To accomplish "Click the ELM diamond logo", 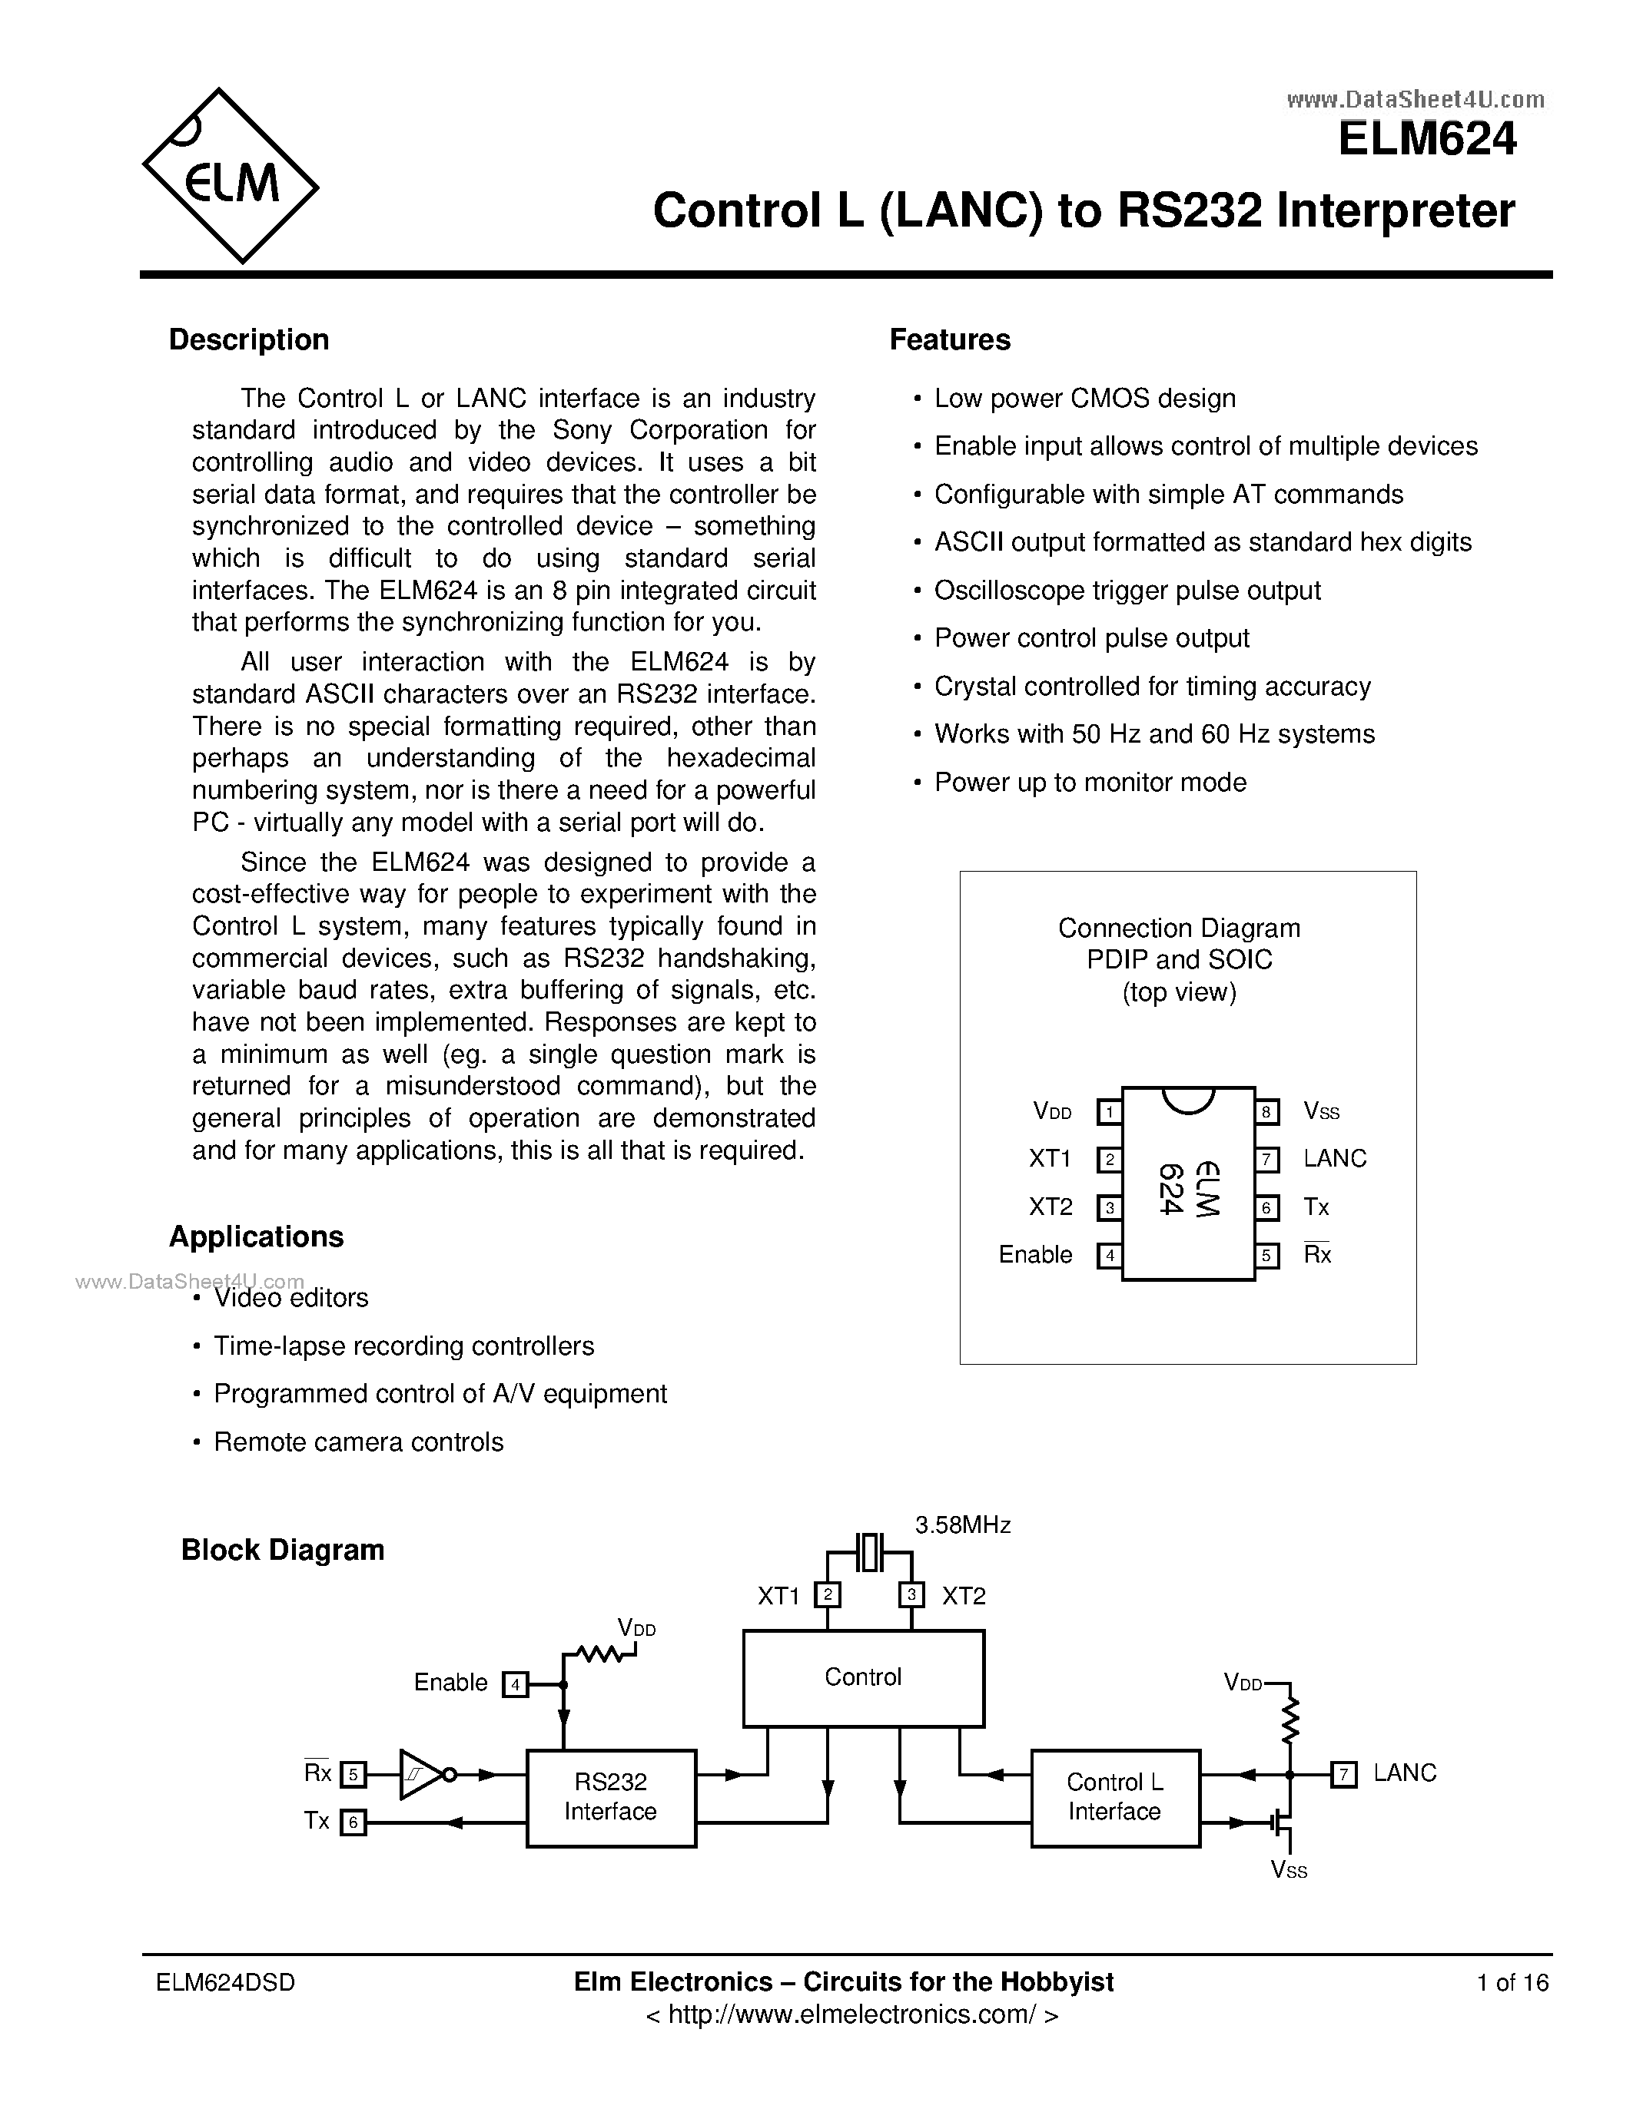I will click(x=231, y=176).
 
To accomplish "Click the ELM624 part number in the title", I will click(x=1426, y=139).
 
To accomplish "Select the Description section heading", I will click(x=249, y=339).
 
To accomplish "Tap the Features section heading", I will click(x=949, y=339).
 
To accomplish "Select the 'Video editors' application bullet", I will click(x=290, y=1298).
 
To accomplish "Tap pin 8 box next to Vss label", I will click(x=1266, y=1112).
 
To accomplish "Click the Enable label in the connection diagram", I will click(x=1035, y=1254).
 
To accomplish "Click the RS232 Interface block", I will click(x=610, y=1798).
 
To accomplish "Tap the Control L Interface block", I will click(x=1114, y=1798).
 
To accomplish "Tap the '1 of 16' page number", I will click(x=1512, y=1982).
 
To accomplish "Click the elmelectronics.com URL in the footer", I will click(x=851, y=2014).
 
